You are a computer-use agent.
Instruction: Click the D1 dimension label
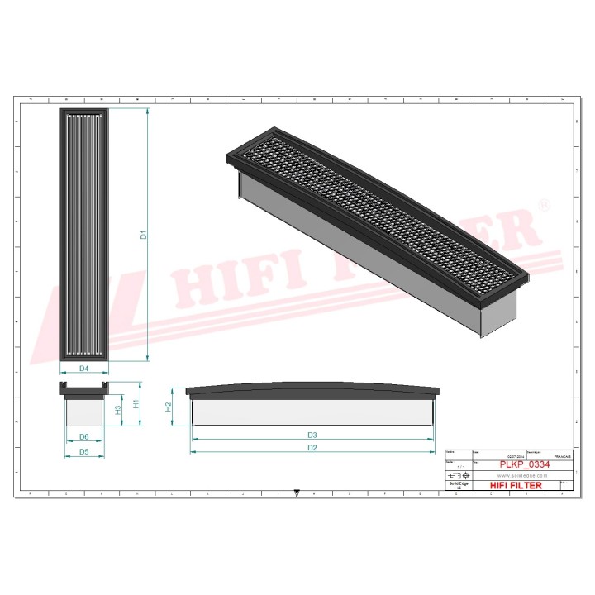click(143, 236)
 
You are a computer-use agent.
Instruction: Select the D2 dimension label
click(312, 448)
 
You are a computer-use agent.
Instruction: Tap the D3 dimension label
click(312, 435)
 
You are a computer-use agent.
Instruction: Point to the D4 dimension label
click(84, 369)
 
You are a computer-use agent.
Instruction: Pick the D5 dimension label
click(84, 452)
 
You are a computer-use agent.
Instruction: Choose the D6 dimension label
click(84, 436)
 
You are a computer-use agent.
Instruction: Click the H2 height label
click(169, 407)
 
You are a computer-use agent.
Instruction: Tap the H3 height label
click(118, 411)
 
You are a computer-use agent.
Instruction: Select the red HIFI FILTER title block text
click(516, 486)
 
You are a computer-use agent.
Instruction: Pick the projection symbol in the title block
click(456, 477)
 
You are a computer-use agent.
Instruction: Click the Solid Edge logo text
click(458, 486)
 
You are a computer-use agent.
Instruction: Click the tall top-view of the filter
click(84, 236)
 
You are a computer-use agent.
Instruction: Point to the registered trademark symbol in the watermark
click(544, 204)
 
